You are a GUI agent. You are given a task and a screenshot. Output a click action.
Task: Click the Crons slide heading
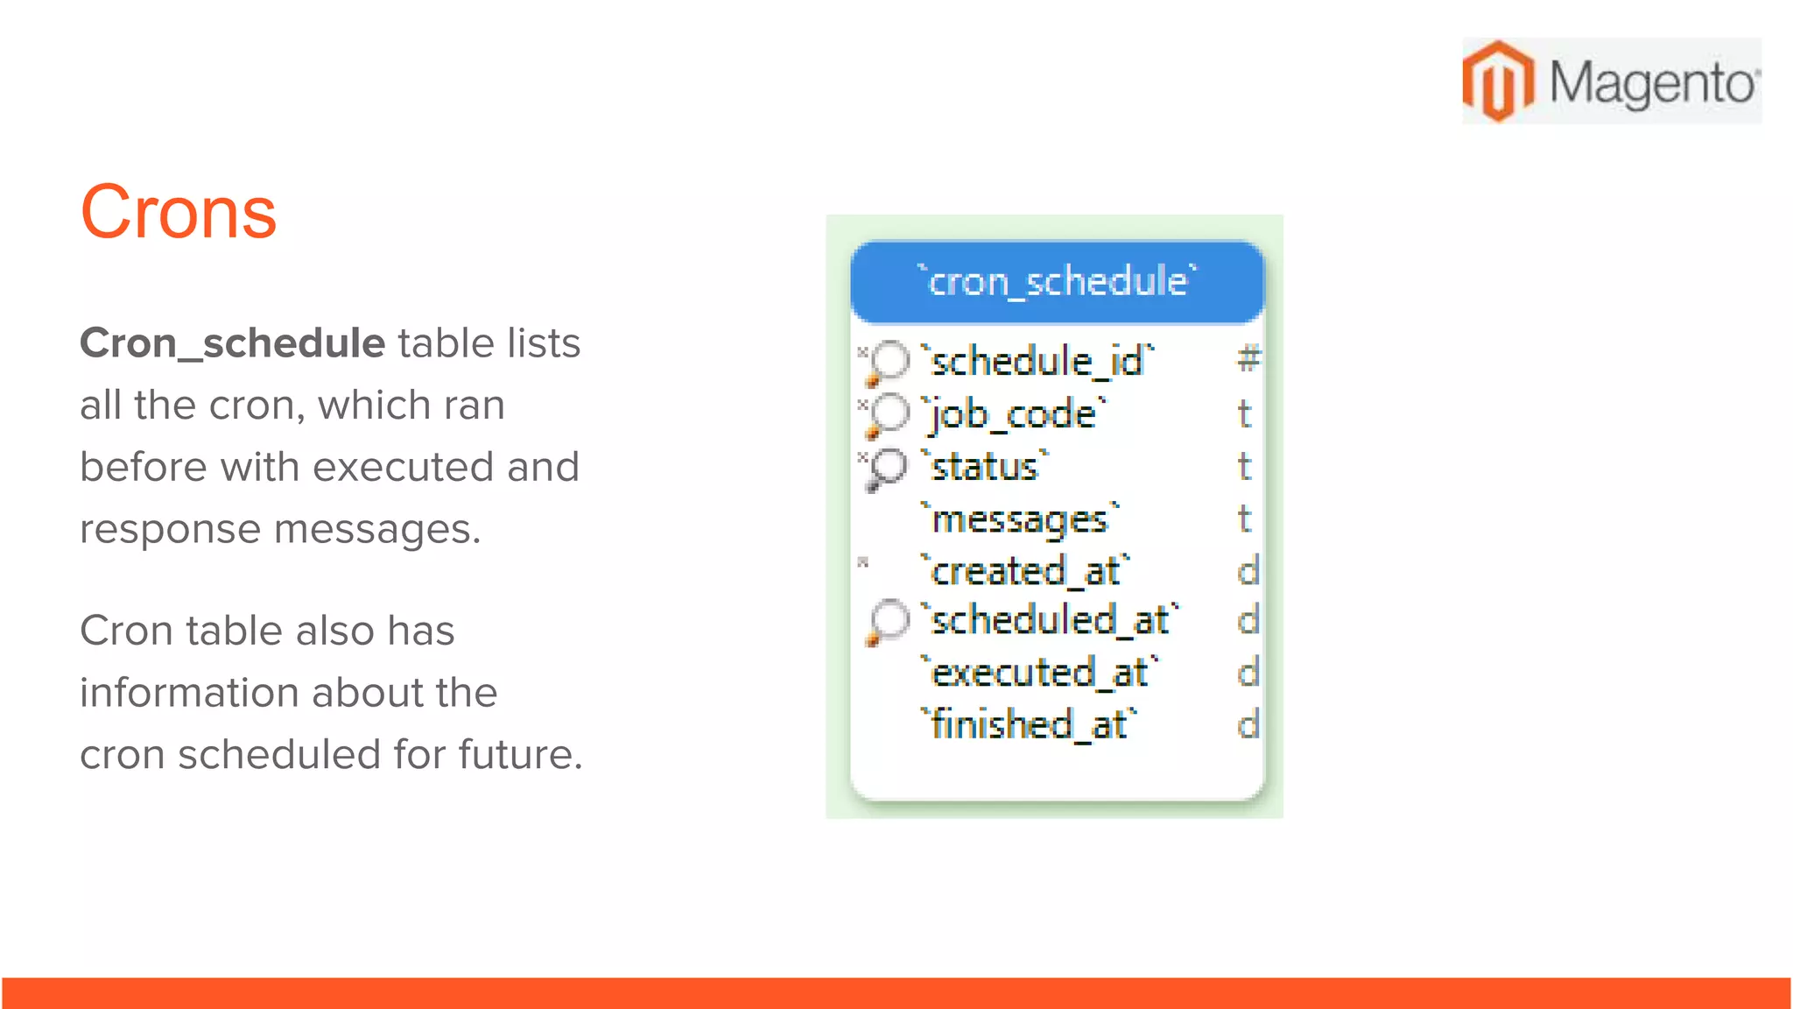point(179,212)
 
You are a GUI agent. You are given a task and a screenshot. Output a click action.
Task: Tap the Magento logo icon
point(1498,81)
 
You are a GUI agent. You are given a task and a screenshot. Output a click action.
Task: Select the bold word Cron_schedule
point(232,342)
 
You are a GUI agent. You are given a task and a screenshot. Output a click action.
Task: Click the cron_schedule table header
point(1058,282)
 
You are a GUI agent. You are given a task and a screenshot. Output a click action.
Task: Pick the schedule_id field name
point(1038,361)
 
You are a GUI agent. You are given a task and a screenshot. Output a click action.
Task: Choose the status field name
point(986,466)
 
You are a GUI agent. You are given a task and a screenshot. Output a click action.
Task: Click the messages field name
point(1021,519)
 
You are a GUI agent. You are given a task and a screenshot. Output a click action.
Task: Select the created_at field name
point(1026,571)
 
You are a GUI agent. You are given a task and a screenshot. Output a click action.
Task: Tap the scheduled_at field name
point(1051,620)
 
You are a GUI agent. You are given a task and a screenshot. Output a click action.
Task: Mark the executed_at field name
point(1040,673)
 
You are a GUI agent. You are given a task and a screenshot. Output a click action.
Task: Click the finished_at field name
point(1030,724)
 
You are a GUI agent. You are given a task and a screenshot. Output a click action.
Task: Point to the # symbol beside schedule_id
point(1248,359)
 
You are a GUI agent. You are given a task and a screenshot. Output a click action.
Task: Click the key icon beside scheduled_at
point(887,622)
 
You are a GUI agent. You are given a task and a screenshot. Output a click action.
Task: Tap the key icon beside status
point(886,468)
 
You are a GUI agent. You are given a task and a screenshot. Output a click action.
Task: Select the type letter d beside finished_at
point(1248,724)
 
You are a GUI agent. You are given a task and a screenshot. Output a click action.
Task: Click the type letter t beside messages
point(1244,519)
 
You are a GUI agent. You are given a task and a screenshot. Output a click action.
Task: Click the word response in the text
point(170,529)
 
